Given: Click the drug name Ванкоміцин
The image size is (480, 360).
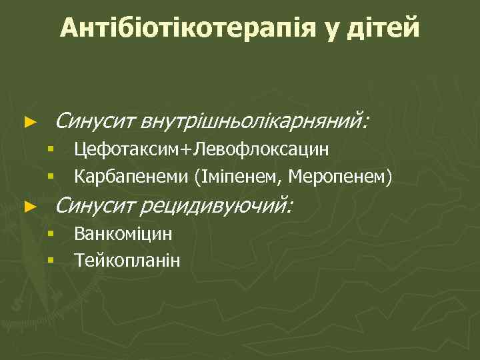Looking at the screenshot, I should point(123,234).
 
